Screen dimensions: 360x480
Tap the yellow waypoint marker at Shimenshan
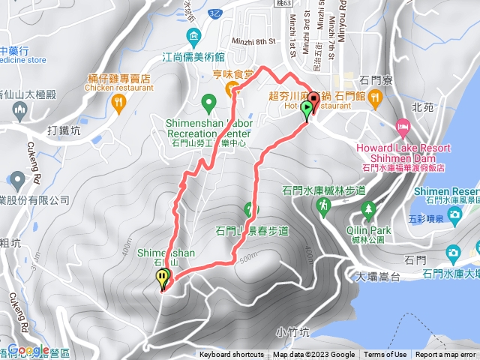(x=163, y=278)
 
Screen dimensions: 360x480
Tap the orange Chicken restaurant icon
(x=118, y=103)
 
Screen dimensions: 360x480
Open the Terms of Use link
(x=385, y=355)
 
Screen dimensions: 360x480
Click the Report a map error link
(x=447, y=355)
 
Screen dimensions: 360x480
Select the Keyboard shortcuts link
(x=232, y=355)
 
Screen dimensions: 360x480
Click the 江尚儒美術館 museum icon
(x=194, y=37)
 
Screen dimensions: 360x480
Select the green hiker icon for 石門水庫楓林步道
(x=324, y=205)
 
